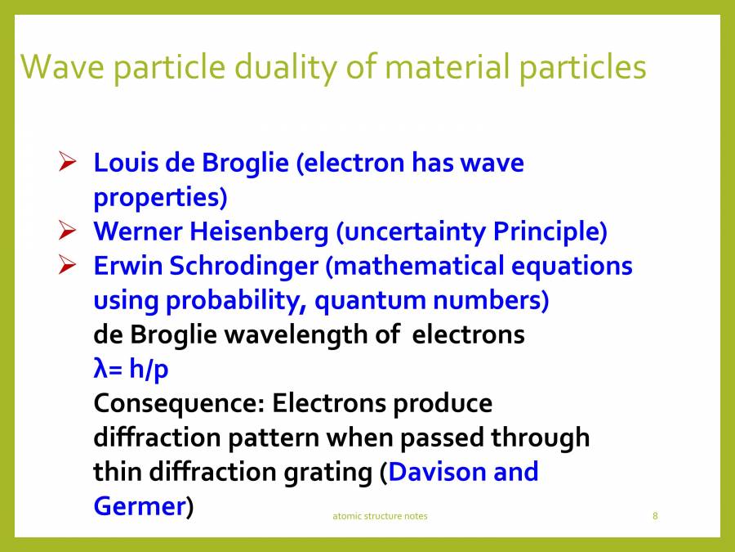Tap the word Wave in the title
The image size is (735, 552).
[x=62, y=66]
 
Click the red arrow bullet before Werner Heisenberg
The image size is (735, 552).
[x=68, y=230]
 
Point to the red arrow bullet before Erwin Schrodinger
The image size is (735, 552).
[x=68, y=265]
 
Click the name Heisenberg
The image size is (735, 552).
[x=259, y=232]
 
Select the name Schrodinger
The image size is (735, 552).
[x=243, y=266]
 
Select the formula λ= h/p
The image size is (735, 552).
[x=131, y=369]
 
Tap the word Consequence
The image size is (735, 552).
[x=180, y=404]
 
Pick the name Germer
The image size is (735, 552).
[x=140, y=506]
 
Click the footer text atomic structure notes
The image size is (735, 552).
[x=380, y=516]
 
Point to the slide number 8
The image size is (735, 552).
[x=655, y=516]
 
